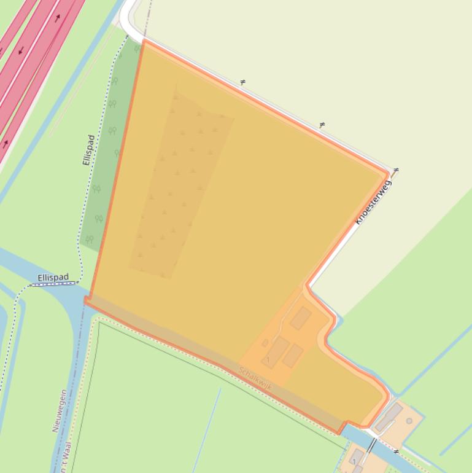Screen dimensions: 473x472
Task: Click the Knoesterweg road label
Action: click(374, 202)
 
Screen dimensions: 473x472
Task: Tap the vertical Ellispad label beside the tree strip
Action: click(88, 150)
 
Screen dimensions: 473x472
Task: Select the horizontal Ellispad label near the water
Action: click(53, 278)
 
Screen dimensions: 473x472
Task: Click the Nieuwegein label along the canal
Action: click(60, 410)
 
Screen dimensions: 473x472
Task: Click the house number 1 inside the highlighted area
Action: click(268, 359)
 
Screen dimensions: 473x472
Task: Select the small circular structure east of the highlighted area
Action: click(409, 421)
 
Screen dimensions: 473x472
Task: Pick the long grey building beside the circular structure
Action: click(389, 418)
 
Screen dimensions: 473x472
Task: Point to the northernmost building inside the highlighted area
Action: click(301, 318)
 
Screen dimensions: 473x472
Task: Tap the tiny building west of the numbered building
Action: click(265, 343)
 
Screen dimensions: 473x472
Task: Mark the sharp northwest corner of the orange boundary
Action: click(143, 41)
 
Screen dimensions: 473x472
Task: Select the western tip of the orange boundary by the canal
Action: click(85, 300)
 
